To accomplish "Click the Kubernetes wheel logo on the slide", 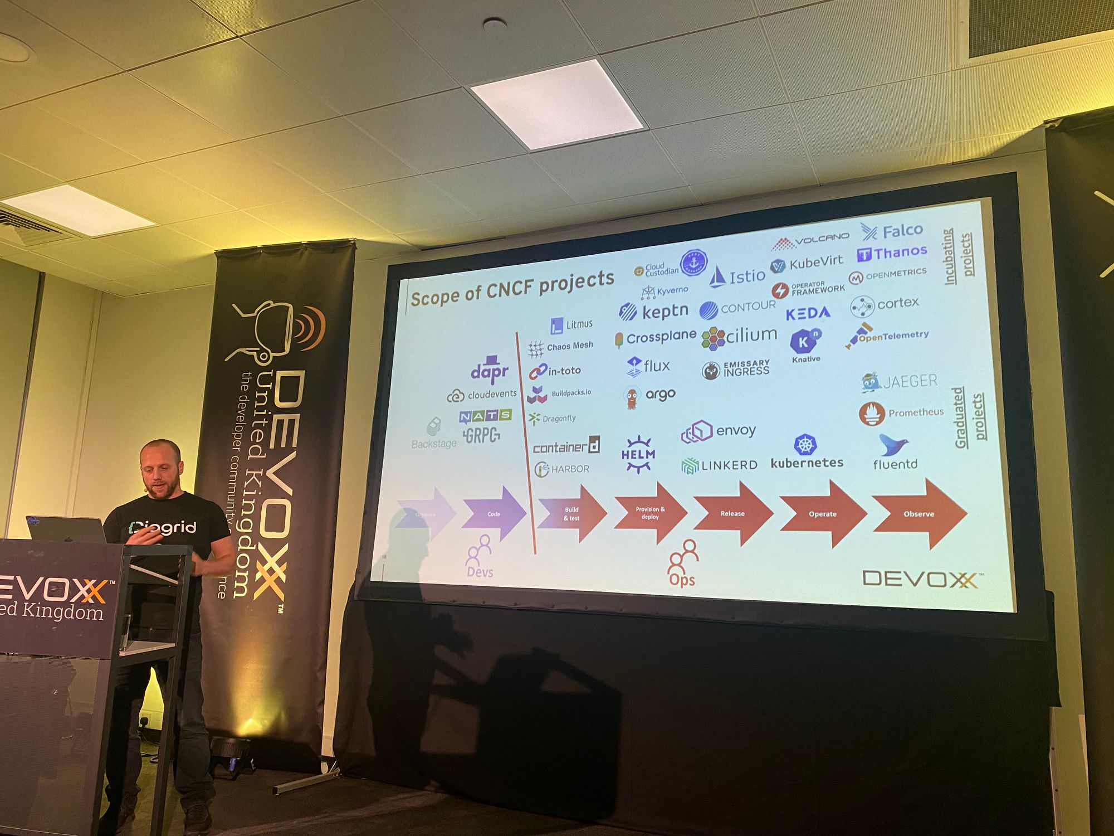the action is tap(805, 444).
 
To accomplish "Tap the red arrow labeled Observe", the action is tap(919, 513).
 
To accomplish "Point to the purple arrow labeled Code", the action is tap(494, 513).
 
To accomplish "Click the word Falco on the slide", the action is tap(902, 230).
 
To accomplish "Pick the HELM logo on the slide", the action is tap(638, 454).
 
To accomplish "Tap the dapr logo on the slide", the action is tap(490, 370).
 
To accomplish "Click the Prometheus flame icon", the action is tap(872, 414).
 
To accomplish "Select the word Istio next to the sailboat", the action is tap(747, 276).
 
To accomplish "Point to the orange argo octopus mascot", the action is tap(631, 397).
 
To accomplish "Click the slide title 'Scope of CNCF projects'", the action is tap(512, 288).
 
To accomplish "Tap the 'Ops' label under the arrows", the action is tap(682, 580).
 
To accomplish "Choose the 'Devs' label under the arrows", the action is tap(480, 572).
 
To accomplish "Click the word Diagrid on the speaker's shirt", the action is tap(162, 527).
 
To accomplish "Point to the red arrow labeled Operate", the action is tap(823, 513).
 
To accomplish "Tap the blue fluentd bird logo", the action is tap(893, 445).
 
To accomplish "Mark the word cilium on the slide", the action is tap(751, 334).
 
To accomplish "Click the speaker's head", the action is tap(160, 468).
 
